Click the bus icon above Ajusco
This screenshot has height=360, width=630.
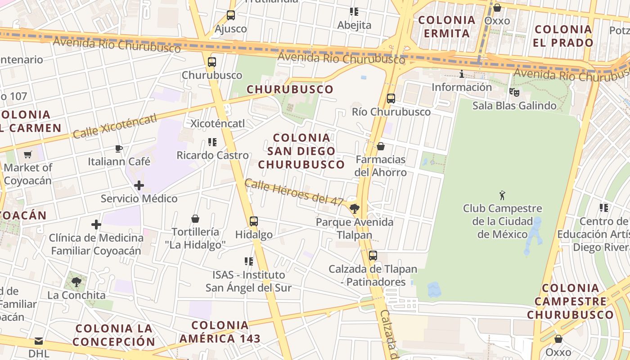point(231,15)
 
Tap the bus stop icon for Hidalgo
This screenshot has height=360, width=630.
point(254,221)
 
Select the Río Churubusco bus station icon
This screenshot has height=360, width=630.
point(391,98)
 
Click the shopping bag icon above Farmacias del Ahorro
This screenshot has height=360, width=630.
point(381,146)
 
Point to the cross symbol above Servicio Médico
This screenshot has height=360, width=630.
point(139,185)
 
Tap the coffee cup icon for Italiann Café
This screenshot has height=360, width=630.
point(119,148)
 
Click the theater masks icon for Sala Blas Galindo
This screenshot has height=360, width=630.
point(514,92)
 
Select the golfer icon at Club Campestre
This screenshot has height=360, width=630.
point(502,195)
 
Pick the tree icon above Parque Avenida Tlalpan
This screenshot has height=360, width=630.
point(355,208)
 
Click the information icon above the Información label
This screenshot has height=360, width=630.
point(461,74)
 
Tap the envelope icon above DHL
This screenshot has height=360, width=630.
point(39,341)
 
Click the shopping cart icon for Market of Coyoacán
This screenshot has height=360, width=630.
point(28,154)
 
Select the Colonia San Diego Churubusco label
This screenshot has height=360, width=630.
point(301,151)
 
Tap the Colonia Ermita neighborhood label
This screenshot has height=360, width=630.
point(447,27)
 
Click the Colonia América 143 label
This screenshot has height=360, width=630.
point(220,332)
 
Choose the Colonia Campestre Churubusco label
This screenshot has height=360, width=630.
point(571,301)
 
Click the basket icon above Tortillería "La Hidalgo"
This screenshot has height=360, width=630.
point(195,219)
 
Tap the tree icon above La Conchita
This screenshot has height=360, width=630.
point(76,282)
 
